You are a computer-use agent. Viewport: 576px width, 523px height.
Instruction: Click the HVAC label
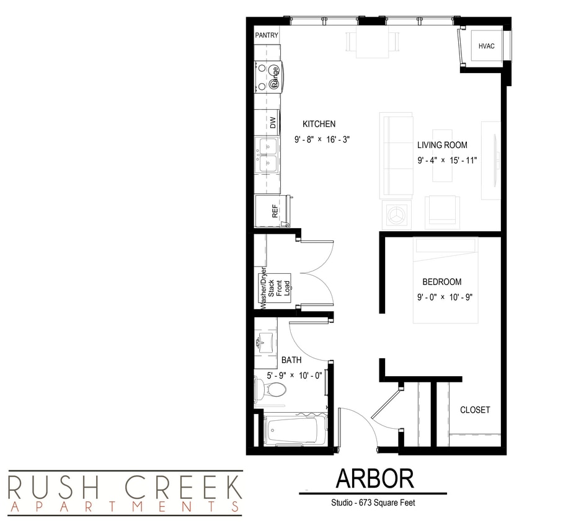(x=486, y=46)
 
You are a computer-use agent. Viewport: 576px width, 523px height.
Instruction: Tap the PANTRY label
(x=267, y=36)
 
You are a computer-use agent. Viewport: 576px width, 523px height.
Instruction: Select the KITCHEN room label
(x=319, y=124)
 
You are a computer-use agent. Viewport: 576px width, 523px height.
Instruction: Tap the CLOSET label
(x=475, y=410)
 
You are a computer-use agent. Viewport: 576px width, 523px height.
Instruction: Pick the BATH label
(x=291, y=360)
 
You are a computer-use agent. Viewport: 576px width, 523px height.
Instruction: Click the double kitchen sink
(x=268, y=156)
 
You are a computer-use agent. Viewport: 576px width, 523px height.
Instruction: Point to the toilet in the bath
(x=271, y=390)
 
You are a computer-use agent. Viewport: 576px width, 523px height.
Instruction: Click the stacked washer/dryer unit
(x=272, y=289)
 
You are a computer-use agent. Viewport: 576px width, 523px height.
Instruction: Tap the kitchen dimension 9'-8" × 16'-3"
(x=322, y=140)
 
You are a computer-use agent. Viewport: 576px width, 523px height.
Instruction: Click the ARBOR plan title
(x=374, y=478)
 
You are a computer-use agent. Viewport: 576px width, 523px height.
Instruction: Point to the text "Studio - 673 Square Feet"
(x=373, y=503)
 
